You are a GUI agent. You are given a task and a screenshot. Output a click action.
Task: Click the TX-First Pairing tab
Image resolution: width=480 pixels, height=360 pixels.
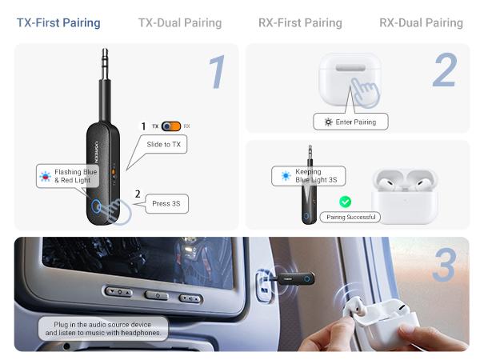[x=58, y=22]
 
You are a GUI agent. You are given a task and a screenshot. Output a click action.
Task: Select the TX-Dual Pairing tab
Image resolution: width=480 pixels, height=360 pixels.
[x=179, y=22]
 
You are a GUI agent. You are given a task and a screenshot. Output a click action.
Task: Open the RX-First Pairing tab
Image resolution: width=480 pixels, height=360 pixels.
[x=300, y=22]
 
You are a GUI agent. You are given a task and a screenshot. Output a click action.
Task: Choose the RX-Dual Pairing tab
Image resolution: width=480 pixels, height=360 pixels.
[x=421, y=22]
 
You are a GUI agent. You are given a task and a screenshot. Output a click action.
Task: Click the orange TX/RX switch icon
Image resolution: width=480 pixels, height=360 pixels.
[x=170, y=126]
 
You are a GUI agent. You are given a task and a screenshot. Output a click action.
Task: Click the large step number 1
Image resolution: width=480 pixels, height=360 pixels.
[x=217, y=72]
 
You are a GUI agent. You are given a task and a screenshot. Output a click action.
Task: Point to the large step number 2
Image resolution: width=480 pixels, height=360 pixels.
[x=444, y=72]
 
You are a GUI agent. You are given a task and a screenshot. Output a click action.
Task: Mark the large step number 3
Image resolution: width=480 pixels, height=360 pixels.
[x=444, y=266]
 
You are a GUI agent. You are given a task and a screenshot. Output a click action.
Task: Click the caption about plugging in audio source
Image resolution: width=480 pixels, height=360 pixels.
[x=103, y=328]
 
